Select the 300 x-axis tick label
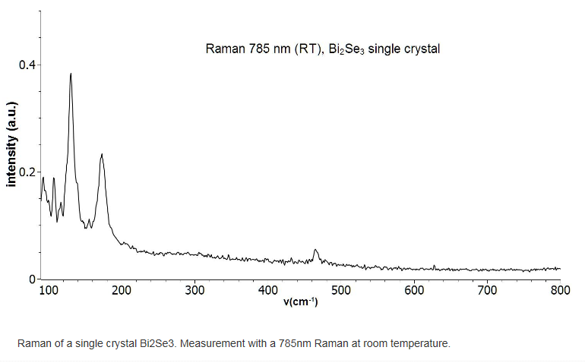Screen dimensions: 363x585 pos(195,291)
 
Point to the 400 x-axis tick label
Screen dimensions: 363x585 pos(268,291)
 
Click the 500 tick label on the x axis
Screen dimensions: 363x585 pos(341,291)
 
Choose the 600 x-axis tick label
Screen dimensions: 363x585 pos(414,291)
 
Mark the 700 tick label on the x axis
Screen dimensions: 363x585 pos(487,291)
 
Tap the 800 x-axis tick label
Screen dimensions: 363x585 pos(560,291)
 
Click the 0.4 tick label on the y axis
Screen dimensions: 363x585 pos(27,65)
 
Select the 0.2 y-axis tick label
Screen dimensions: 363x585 pos(27,172)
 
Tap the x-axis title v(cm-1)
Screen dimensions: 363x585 pos(300,302)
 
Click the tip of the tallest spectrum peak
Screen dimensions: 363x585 pos(71,74)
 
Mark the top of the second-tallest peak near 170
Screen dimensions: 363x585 pos(101,154)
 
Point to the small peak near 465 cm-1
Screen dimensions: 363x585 pos(316,249)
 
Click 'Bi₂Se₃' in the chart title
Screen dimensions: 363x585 pos(346,49)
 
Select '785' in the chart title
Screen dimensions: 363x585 pos(251,49)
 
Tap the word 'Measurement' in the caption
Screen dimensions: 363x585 pos(210,343)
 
